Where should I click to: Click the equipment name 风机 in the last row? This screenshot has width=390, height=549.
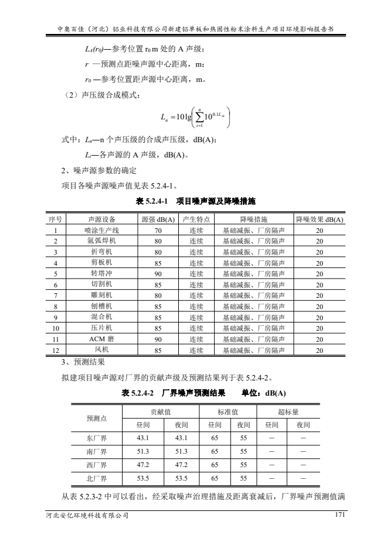coord(101,351)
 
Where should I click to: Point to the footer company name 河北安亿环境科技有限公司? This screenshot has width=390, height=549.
coord(87,516)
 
